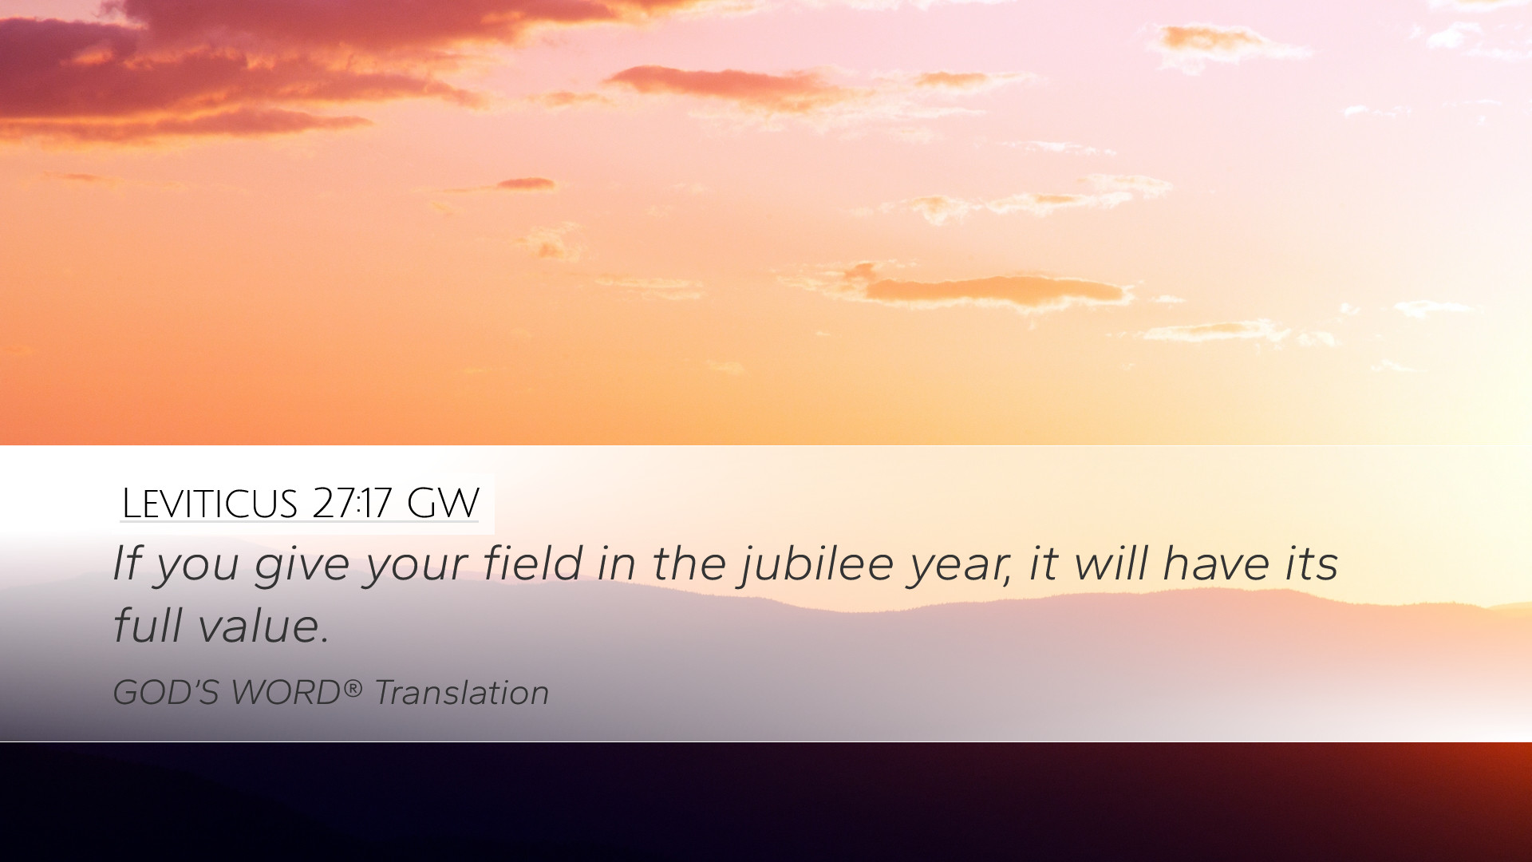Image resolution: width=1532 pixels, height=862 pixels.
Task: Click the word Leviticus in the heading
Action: tap(210, 504)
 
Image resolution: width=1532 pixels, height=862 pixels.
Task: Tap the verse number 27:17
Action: tap(352, 503)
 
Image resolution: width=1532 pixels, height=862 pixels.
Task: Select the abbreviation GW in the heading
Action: tap(443, 503)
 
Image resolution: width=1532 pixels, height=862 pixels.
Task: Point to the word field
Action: tap(534, 563)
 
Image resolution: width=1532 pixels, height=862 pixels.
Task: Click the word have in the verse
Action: tap(1216, 563)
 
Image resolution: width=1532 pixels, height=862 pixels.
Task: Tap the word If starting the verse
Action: tap(127, 563)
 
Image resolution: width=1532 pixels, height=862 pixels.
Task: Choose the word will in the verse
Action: tap(1111, 563)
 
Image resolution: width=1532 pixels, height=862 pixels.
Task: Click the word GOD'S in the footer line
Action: tap(166, 693)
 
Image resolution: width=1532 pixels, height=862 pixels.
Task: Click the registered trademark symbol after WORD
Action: tap(353, 686)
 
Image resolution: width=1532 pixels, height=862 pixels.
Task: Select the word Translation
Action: tap(462, 693)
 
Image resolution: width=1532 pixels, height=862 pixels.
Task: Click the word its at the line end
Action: tap(1311, 563)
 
